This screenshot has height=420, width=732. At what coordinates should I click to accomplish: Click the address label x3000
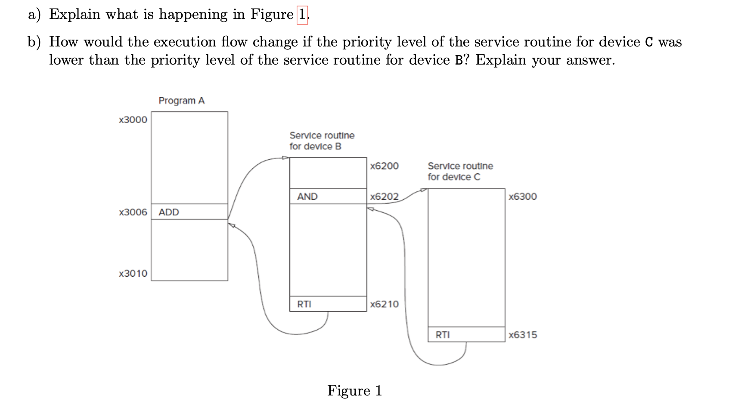[133, 120]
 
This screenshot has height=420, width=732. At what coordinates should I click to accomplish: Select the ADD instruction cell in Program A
[189, 212]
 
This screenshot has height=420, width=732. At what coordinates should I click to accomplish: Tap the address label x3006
[133, 212]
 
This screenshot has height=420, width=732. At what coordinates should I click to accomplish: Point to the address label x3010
[133, 274]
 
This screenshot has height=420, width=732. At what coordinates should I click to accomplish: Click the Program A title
[181, 101]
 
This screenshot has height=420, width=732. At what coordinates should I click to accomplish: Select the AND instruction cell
[328, 196]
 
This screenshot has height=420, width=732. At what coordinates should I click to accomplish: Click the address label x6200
[384, 166]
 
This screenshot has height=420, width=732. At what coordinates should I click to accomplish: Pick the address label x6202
[384, 197]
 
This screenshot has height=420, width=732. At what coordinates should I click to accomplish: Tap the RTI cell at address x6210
[328, 304]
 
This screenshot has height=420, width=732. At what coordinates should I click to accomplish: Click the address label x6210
[384, 304]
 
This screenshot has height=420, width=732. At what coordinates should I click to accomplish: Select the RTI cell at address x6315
[466, 334]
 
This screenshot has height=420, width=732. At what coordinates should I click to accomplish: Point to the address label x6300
[522, 197]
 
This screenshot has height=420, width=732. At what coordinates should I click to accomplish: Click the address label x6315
[522, 335]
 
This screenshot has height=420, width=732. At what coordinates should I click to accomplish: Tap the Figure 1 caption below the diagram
[354, 391]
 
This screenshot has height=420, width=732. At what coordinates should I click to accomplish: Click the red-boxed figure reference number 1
[302, 15]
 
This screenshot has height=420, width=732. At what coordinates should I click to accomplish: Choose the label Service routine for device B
[322, 141]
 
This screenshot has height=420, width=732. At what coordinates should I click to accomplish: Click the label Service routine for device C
[460, 171]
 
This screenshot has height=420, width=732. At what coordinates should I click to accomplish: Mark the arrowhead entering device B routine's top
[285, 157]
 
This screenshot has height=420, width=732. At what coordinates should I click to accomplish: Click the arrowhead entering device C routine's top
[424, 189]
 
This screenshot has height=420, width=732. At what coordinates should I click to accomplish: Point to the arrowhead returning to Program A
[231, 225]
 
